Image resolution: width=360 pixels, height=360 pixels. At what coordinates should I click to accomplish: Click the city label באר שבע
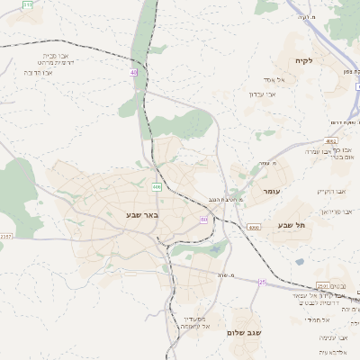click(x=144, y=215)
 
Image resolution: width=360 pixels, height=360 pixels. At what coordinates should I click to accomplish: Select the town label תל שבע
click(x=292, y=224)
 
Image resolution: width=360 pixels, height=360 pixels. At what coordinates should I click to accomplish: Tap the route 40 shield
click(x=134, y=72)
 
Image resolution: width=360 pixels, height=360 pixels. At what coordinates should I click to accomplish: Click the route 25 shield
click(x=262, y=282)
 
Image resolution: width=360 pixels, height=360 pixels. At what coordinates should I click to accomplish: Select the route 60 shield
click(x=204, y=219)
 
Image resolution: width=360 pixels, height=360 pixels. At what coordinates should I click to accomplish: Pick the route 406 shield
click(x=156, y=187)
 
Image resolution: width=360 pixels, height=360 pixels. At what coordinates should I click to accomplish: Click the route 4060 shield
click(x=254, y=228)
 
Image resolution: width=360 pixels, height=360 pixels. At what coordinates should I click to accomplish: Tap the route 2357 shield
click(x=6, y=236)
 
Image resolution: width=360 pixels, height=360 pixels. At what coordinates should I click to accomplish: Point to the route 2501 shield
click(x=331, y=141)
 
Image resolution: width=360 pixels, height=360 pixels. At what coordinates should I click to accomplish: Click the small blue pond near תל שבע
click(x=299, y=262)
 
